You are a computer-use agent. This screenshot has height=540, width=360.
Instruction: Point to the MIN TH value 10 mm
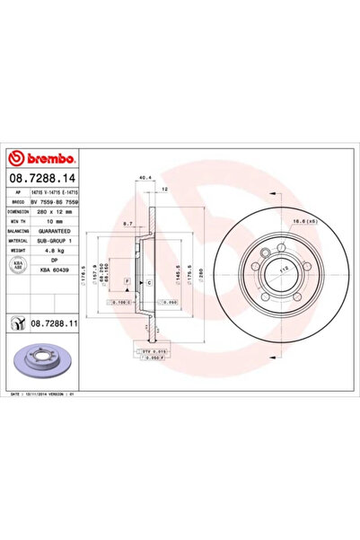pos(55,221)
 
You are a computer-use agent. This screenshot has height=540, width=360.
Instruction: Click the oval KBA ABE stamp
pos(18,263)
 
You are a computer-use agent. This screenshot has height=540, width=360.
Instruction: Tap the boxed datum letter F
pos(127,282)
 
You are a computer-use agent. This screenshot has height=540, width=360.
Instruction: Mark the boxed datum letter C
pos(148,282)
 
